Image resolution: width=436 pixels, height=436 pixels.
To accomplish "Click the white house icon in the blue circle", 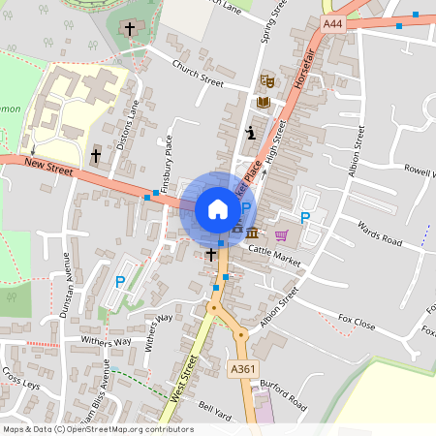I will [217, 208].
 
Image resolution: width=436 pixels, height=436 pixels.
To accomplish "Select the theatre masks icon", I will [267, 80].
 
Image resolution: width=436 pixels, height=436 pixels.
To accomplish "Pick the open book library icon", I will [264, 102].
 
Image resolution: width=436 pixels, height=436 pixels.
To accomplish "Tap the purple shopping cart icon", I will [282, 234].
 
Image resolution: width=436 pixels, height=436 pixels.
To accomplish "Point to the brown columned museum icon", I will [252, 234].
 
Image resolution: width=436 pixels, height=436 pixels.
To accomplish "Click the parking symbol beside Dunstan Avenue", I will [120, 282].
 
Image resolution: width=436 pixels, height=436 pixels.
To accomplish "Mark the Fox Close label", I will [356, 323].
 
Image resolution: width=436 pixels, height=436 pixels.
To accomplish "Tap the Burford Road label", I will [284, 396].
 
